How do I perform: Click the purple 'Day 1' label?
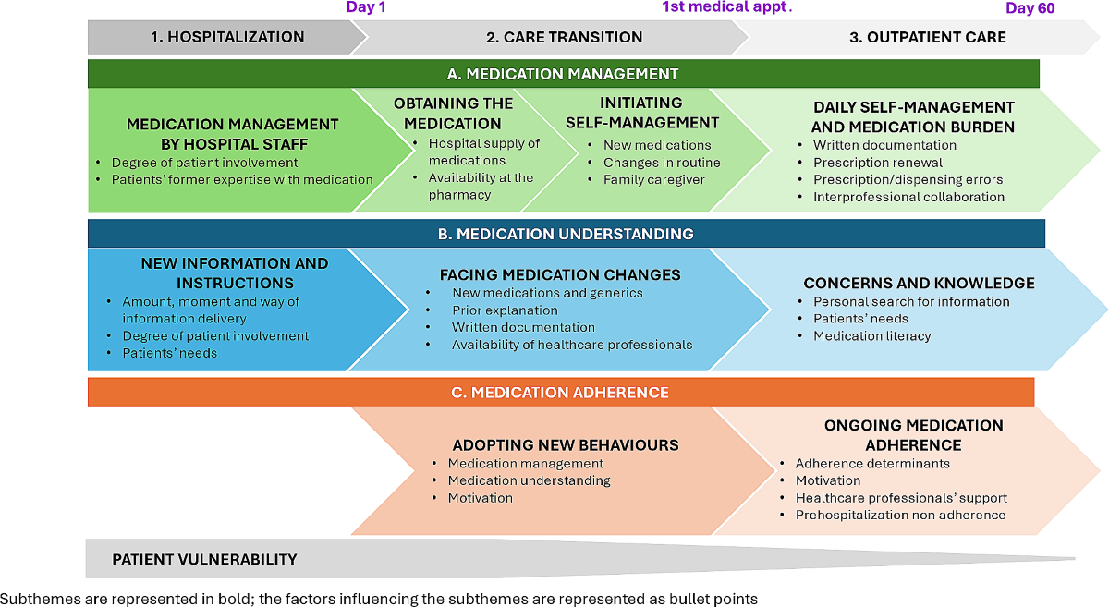click(366, 7)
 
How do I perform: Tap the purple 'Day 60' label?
click(1030, 8)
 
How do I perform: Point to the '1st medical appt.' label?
click(727, 7)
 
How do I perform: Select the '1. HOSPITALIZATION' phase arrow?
click(227, 38)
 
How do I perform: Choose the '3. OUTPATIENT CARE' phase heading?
click(927, 38)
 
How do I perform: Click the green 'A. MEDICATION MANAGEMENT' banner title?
click(564, 74)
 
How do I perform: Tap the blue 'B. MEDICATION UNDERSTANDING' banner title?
click(566, 234)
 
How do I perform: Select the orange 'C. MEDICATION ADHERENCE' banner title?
click(560, 393)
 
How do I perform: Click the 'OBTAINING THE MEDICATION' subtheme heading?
click(453, 114)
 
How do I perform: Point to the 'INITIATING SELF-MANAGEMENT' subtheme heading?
click(641, 113)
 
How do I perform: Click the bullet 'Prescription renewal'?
click(878, 163)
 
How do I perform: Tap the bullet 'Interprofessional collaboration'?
click(908, 197)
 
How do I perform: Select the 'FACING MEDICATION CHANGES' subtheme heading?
click(561, 275)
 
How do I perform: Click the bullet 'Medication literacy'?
click(872, 336)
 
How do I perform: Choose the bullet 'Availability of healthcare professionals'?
click(572, 345)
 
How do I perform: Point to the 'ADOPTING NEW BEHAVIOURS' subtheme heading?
click(566, 445)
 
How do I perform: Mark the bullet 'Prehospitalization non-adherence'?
click(900, 515)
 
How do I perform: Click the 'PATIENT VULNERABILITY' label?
click(204, 559)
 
